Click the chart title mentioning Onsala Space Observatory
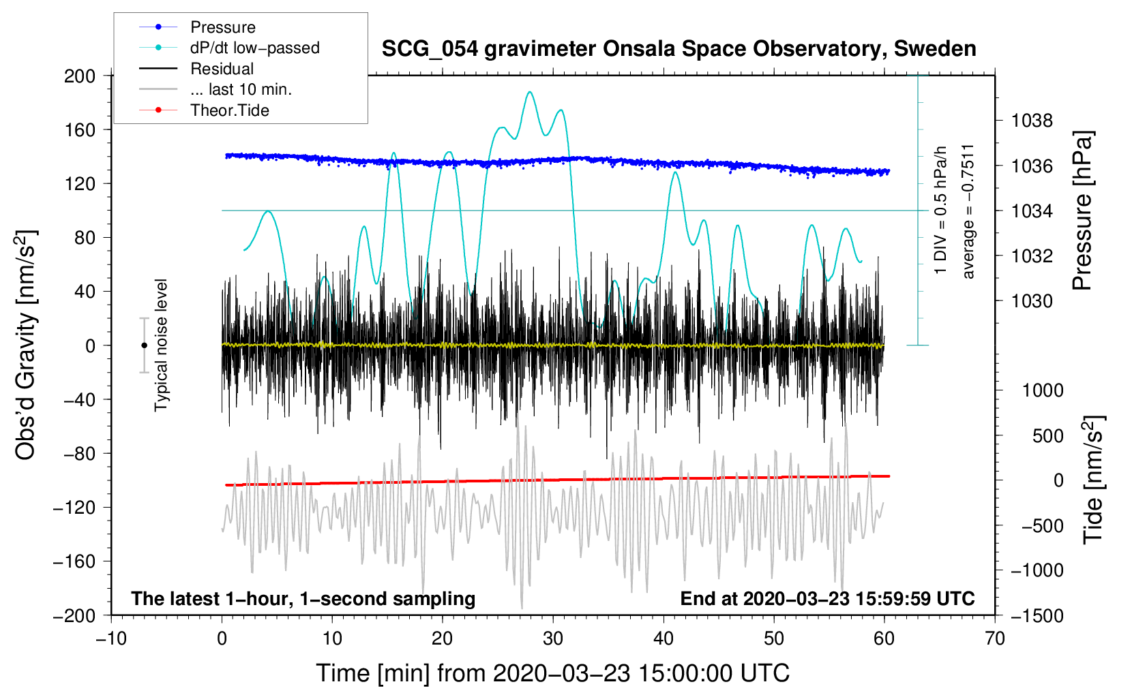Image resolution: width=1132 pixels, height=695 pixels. (x=679, y=49)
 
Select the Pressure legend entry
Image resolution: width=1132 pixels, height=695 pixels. (x=222, y=27)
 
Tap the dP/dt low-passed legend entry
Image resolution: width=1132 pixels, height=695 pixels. (x=254, y=48)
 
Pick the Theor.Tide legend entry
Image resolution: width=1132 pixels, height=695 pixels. (x=229, y=110)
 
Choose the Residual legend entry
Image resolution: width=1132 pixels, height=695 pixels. (x=222, y=69)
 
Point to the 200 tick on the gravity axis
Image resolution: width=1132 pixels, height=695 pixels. (x=80, y=76)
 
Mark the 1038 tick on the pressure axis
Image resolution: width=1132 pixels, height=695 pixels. (x=1032, y=121)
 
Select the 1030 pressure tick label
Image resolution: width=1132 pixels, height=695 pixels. (x=1032, y=301)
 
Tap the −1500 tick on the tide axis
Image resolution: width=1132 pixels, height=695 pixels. (x=1037, y=615)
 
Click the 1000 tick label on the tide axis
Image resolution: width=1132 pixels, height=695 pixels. (x=1043, y=390)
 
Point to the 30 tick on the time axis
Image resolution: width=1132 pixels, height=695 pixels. (x=553, y=638)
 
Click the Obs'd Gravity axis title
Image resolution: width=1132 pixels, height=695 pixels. (x=26, y=345)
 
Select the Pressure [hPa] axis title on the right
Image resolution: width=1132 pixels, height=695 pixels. (x=1082, y=211)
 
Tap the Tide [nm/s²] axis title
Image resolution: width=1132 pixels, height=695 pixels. (x=1093, y=480)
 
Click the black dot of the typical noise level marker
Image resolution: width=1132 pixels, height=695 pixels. (x=144, y=345)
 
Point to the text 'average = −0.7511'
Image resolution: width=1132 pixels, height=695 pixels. (x=968, y=211)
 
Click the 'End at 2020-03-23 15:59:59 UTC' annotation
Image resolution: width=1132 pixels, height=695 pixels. (x=827, y=598)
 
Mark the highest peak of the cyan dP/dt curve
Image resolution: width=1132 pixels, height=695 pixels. (x=530, y=92)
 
